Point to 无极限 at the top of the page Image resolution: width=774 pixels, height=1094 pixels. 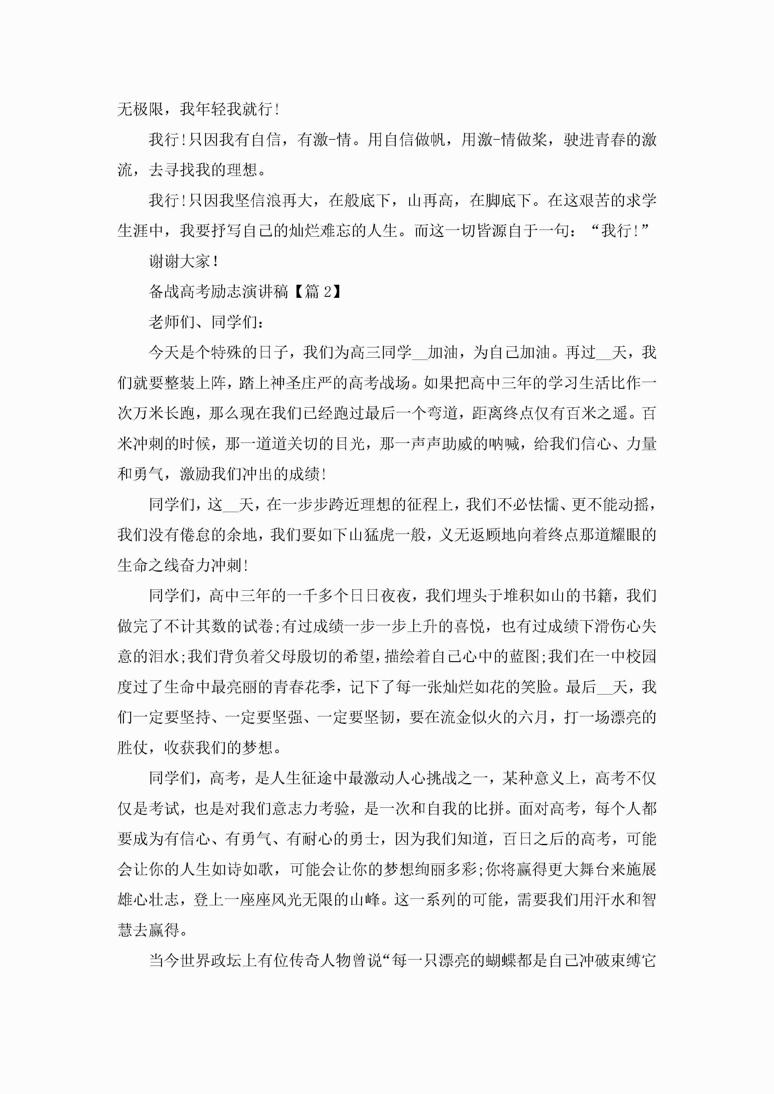tap(141, 109)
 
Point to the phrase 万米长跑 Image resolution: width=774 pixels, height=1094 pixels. tap(164, 413)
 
